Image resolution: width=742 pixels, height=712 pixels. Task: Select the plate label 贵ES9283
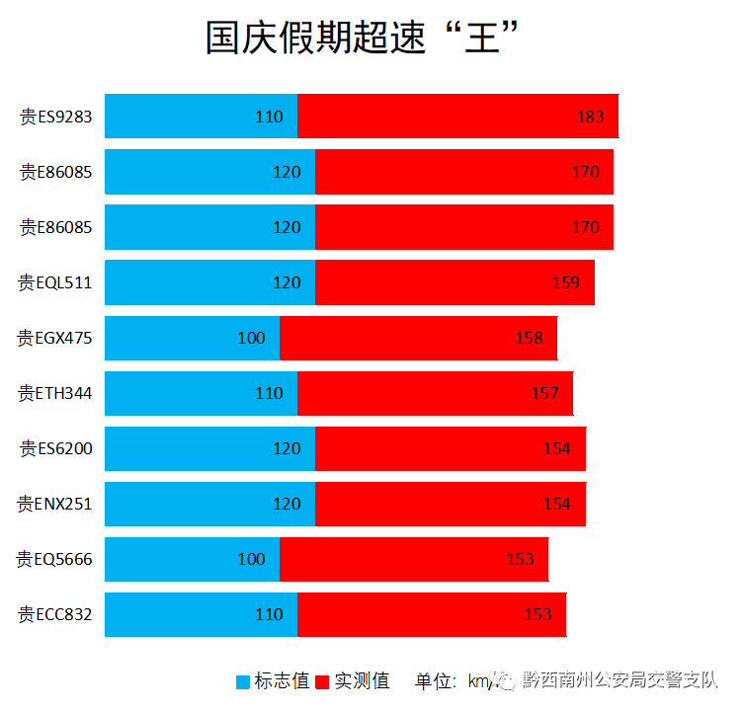[x=56, y=117]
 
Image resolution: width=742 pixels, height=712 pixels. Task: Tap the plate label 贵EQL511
[x=55, y=282]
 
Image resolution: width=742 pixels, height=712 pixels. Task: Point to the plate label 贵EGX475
[x=55, y=338]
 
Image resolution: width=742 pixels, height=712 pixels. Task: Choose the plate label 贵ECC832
[x=55, y=614]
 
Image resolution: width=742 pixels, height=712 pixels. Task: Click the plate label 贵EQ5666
[x=55, y=559]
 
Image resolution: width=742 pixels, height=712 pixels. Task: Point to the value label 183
[x=590, y=117]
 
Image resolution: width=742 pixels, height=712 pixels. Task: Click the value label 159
[x=566, y=282]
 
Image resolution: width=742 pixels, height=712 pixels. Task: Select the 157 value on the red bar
[x=545, y=393]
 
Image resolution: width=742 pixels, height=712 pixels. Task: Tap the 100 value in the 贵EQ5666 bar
[x=251, y=559]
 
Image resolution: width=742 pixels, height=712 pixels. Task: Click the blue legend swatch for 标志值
[x=243, y=681]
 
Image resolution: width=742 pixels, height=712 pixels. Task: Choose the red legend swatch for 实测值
[x=323, y=681]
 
